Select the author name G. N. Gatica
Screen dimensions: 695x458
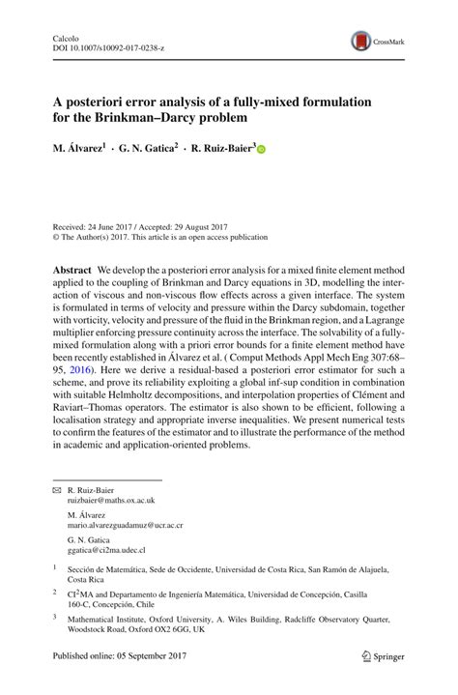coord(148,150)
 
